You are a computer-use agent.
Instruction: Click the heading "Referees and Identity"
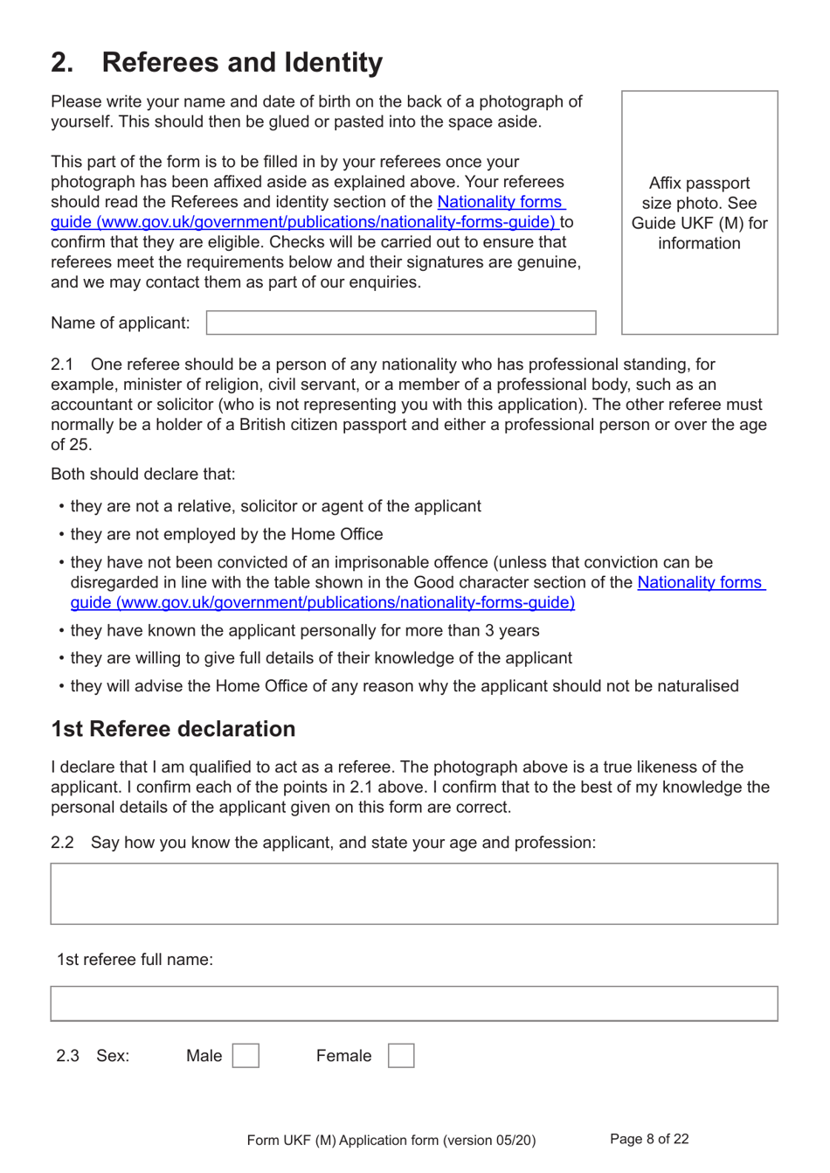tap(242, 62)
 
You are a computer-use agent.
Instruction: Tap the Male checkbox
tap(246, 1056)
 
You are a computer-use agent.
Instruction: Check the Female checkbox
tap(401, 1056)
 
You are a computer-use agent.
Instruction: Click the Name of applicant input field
tap(401, 323)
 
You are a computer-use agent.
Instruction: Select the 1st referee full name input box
tap(414, 1003)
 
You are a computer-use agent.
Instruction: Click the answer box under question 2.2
tap(414, 893)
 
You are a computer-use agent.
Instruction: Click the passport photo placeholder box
tap(699, 212)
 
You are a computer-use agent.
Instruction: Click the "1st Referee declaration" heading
tap(173, 729)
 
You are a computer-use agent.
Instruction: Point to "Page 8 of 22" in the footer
tap(649, 1139)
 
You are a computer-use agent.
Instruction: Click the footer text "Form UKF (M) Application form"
tap(391, 1140)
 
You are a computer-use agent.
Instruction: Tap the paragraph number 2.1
tap(62, 364)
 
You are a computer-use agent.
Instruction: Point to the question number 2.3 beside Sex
tap(67, 1056)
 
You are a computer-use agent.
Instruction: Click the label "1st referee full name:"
tap(135, 960)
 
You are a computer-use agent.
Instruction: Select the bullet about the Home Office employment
tap(226, 534)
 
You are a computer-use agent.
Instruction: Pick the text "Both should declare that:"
tap(142, 475)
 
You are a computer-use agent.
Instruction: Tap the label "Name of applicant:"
tap(120, 323)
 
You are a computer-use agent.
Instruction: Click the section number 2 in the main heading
tap(61, 62)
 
